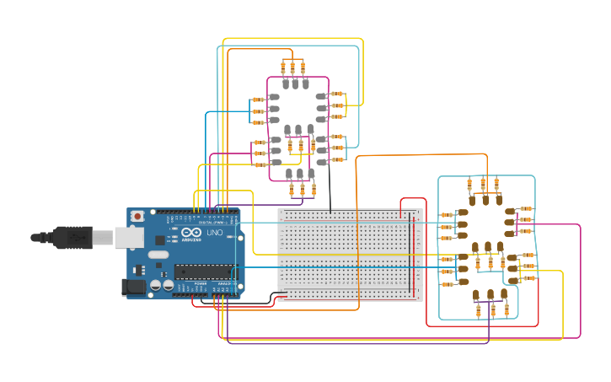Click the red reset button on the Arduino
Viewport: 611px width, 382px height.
pyautogui.click(x=137, y=217)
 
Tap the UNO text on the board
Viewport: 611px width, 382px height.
pyautogui.click(x=215, y=233)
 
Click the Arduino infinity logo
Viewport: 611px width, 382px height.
pyautogui.click(x=191, y=232)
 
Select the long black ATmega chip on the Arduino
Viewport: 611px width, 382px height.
pyautogui.click(x=204, y=271)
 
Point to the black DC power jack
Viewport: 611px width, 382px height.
pyautogui.click(x=133, y=288)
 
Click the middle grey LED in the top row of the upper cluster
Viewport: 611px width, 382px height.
pyautogui.click(x=296, y=83)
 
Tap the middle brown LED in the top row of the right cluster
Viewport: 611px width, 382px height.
pyautogui.click(x=485, y=200)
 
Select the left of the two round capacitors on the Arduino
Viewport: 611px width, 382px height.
pyautogui.click(x=155, y=286)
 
